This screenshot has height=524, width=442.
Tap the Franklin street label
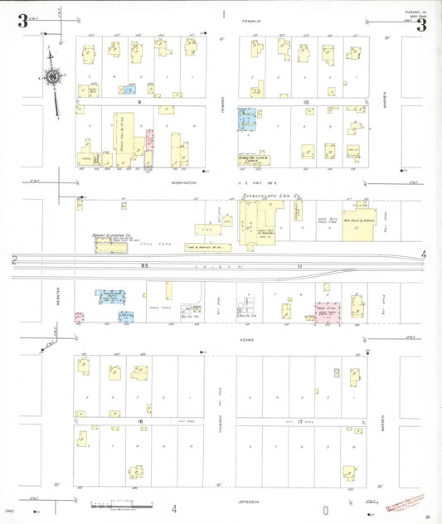[251, 20]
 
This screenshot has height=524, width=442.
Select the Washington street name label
[182, 181]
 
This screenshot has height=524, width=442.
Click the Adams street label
[248, 340]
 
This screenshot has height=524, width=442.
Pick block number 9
[140, 102]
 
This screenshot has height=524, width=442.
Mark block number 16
[141, 421]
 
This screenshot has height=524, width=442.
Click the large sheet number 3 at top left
[22, 22]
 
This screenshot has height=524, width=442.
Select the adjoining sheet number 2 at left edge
[14, 260]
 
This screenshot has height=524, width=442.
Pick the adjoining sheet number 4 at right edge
[423, 254]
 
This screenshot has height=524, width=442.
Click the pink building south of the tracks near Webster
[79, 317]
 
